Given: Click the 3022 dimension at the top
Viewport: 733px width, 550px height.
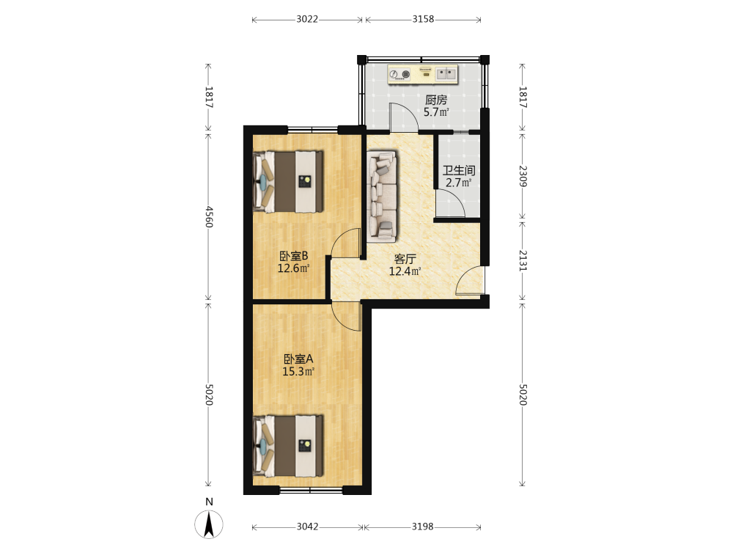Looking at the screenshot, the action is point(307,19).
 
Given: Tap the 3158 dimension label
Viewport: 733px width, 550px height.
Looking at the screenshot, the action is point(423,19).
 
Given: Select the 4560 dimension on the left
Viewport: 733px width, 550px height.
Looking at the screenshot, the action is point(209,216).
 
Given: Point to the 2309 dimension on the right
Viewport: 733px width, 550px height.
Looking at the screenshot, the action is point(523,176).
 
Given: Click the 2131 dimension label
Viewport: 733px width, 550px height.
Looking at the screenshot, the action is point(523,261).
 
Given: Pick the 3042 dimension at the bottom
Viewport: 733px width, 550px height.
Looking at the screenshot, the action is point(308,527).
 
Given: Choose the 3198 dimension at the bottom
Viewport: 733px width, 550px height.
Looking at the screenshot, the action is point(423,527).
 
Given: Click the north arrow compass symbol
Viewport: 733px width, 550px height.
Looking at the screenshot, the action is point(209,524).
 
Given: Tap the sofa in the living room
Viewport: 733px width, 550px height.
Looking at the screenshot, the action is point(382,196).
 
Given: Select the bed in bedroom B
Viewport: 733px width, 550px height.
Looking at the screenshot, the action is point(288,181).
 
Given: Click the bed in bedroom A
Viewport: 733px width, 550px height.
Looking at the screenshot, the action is point(288,446).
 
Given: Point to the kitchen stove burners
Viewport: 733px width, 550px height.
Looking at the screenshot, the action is point(399,74).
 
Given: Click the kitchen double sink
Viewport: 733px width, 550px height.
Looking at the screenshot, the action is point(446,73).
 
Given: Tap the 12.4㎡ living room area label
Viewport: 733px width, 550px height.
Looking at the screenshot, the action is point(405,271).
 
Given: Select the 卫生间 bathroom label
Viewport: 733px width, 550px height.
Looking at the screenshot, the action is point(459,170).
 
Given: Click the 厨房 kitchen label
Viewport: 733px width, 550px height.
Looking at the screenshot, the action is point(436,100).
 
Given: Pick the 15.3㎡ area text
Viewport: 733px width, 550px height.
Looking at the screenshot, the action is point(298,372).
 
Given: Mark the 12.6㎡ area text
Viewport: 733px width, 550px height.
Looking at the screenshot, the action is point(294,268).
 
